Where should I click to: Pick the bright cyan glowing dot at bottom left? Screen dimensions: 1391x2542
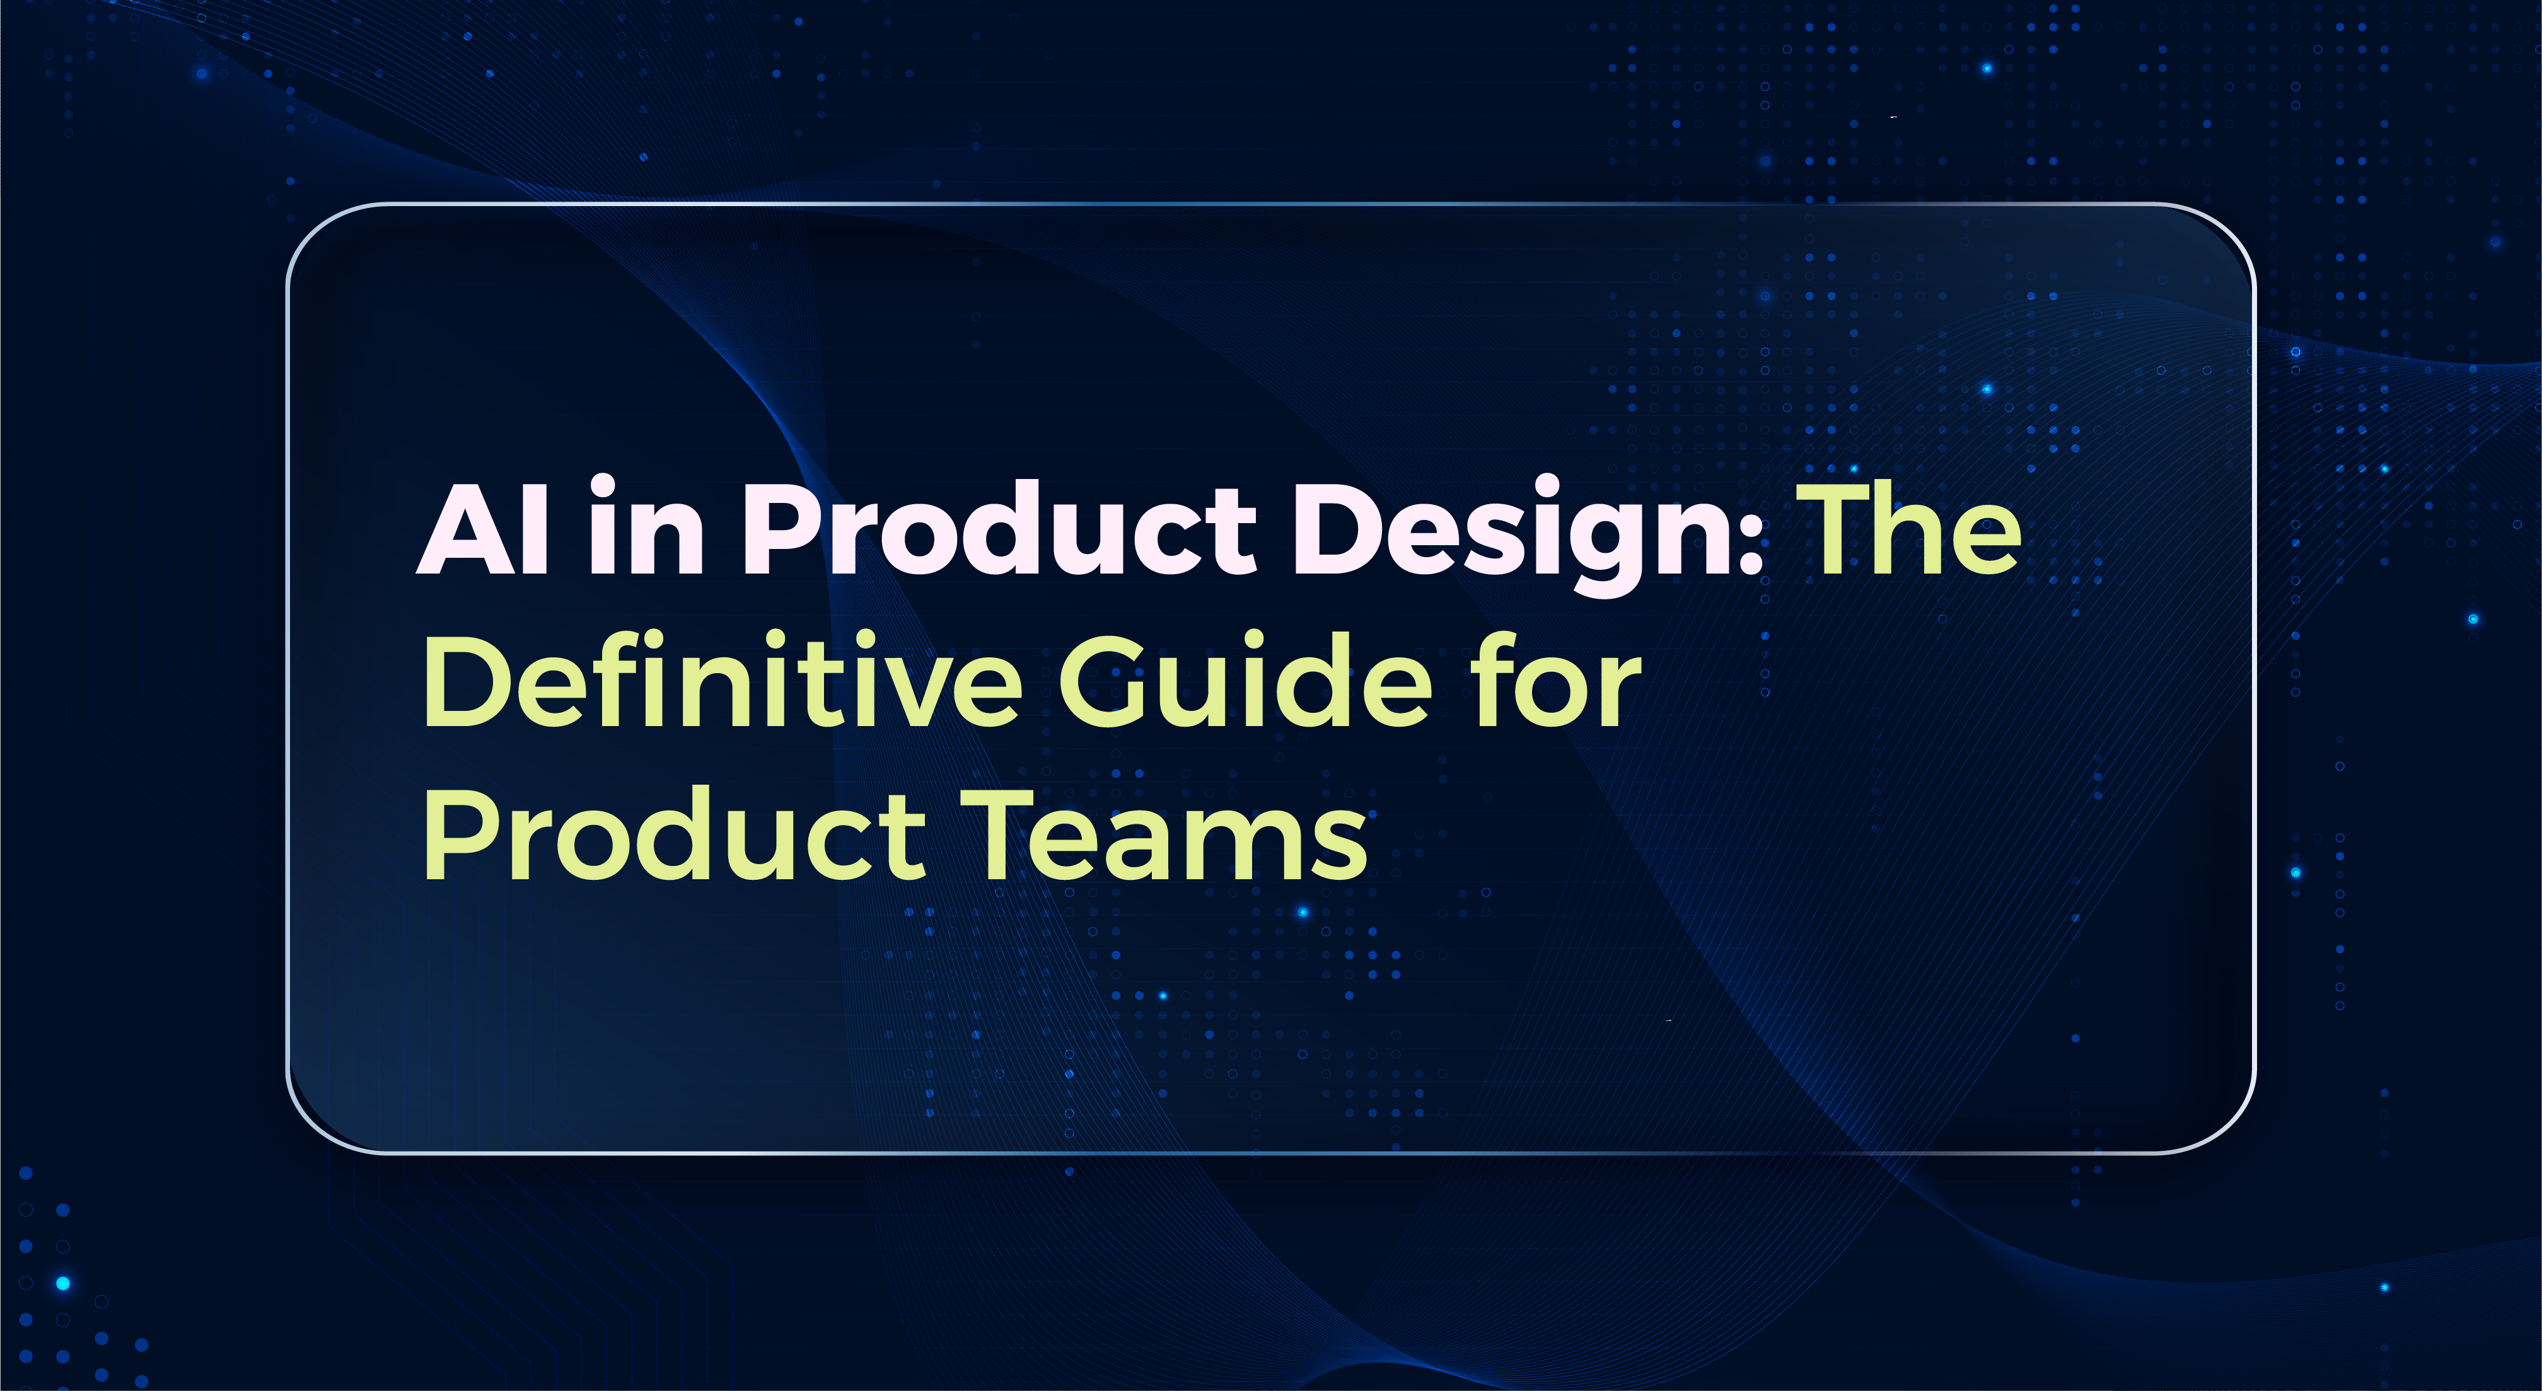click(x=63, y=1283)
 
